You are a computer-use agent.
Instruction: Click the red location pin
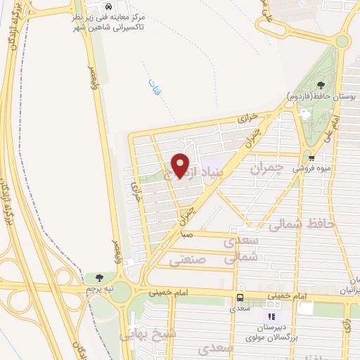181,165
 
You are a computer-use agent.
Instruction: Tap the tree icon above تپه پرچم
98,277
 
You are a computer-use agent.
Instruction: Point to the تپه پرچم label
99,289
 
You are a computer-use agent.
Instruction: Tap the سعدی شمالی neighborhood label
242,250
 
